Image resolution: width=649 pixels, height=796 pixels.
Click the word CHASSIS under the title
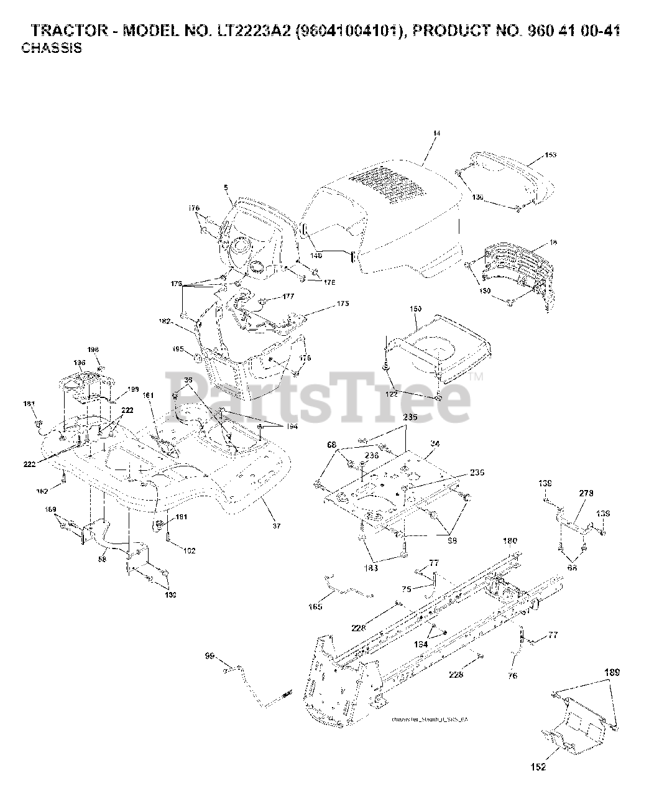(52, 48)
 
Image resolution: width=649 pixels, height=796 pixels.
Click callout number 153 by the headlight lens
(550, 155)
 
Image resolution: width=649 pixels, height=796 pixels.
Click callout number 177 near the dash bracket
(287, 297)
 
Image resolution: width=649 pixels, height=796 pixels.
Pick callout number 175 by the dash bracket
(343, 303)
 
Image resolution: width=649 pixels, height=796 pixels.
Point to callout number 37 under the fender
(277, 525)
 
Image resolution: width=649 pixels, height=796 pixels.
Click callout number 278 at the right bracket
(586, 493)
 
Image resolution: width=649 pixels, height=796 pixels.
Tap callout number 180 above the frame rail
(510, 541)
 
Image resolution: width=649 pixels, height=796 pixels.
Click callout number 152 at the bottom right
(538, 767)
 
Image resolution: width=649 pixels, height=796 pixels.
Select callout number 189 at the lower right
(612, 672)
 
